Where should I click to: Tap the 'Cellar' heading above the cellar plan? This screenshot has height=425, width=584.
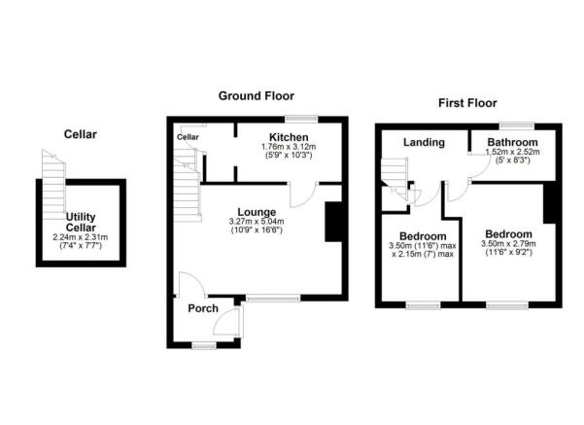point(81,133)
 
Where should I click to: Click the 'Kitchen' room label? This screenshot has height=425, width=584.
point(289,136)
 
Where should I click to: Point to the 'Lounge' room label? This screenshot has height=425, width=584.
point(258,211)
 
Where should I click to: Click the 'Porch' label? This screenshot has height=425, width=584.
point(202,309)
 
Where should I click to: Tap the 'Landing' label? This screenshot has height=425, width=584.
point(425,142)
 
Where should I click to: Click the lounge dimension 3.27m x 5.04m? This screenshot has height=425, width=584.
point(258,221)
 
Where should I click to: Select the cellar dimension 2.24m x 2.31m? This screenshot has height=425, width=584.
point(81,237)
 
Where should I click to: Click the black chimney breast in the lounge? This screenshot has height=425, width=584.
point(332,221)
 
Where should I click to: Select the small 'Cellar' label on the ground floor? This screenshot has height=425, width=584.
point(188,137)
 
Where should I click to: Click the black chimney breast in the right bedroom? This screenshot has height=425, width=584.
point(549,203)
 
